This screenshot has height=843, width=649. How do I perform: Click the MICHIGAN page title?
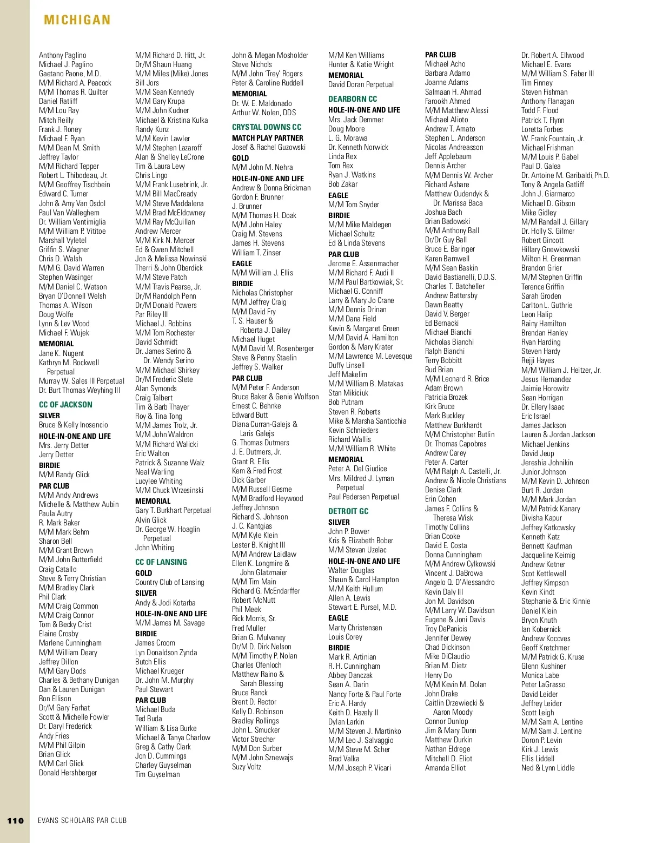click(x=77, y=21)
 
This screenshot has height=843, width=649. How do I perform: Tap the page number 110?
click(x=16, y=820)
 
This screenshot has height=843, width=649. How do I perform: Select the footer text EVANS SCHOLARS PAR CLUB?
click(x=82, y=820)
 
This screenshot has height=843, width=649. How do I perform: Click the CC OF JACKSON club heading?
click(x=65, y=405)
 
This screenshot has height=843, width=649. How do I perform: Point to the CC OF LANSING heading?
click(x=161, y=562)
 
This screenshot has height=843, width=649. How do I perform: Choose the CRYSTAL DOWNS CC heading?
click(x=267, y=127)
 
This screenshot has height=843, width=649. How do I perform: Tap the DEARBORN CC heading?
click(x=353, y=99)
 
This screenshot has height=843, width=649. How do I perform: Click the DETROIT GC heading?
click(x=348, y=511)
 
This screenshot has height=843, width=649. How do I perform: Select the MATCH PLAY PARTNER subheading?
click(x=268, y=138)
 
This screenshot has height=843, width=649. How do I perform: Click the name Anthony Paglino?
click(x=63, y=55)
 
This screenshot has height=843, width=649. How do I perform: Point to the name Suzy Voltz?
click(x=247, y=767)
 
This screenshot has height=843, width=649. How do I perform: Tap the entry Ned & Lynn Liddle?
click(x=548, y=768)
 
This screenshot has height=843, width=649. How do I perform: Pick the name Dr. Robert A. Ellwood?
click(x=553, y=55)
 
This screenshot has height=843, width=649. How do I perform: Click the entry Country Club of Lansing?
click(x=170, y=582)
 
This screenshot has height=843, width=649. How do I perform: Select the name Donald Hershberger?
click(x=68, y=773)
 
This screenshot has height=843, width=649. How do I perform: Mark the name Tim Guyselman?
click(x=157, y=774)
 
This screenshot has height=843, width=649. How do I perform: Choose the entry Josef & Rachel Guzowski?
click(x=269, y=147)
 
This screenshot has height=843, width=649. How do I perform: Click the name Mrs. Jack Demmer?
click(x=356, y=120)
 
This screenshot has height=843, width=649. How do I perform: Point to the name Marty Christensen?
click(x=355, y=628)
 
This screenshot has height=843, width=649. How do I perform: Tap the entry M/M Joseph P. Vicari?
click(x=360, y=768)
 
